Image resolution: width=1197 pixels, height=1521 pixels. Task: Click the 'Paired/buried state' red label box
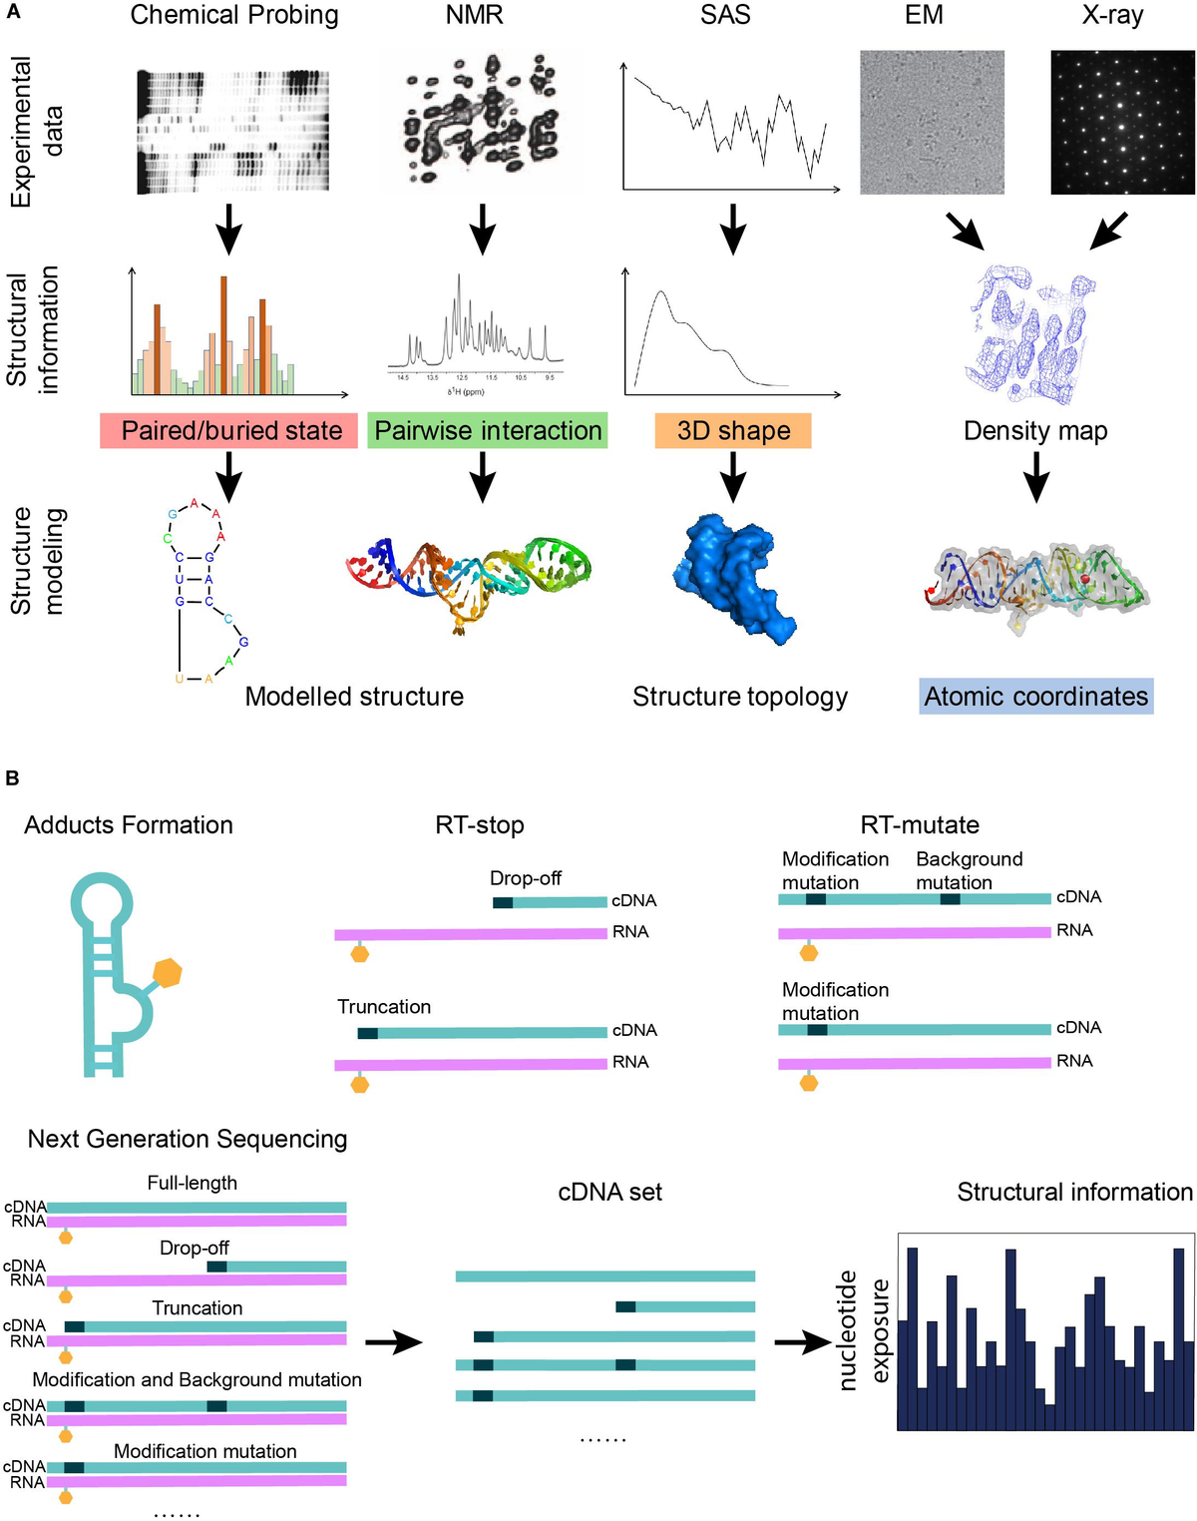pyautogui.click(x=228, y=431)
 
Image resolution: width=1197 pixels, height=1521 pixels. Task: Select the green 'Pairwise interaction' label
pyautogui.click(x=488, y=431)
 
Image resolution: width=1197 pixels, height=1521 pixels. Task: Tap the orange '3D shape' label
pyautogui.click(x=733, y=431)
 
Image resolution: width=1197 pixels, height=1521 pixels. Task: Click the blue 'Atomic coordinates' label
pyautogui.click(x=1035, y=697)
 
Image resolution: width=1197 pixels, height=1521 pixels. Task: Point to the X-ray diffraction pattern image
pyautogui.click(x=1122, y=122)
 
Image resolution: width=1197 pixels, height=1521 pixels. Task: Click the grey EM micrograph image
pyautogui.click(x=932, y=122)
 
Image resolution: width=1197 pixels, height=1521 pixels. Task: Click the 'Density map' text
pyautogui.click(x=1035, y=431)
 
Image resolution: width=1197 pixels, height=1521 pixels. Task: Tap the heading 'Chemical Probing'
pyautogui.click(x=234, y=16)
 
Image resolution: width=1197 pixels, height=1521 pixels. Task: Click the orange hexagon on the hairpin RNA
pyautogui.click(x=168, y=972)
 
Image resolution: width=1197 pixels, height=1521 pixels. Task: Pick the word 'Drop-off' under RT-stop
pyautogui.click(x=525, y=878)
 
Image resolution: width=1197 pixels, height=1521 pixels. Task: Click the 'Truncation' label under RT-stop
pyautogui.click(x=384, y=1007)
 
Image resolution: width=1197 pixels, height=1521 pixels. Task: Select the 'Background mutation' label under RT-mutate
pyautogui.click(x=969, y=870)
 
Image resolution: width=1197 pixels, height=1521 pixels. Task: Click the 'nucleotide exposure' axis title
pyautogui.click(x=863, y=1331)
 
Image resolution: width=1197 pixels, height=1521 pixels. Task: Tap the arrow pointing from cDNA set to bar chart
pyautogui.click(x=803, y=1342)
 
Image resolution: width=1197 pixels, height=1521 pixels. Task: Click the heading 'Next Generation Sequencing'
pyautogui.click(x=188, y=1139)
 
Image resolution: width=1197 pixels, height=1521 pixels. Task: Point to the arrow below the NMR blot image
pyautogui.click(x=483, y=230)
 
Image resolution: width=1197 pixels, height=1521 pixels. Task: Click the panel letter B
pyautogui.click(x=13, y=777)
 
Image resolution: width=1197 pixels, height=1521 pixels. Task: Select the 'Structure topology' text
pyautogui.click(x=740, y=697)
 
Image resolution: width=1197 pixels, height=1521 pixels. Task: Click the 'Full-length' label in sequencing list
pyautogui.click(x=193, y=1183)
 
